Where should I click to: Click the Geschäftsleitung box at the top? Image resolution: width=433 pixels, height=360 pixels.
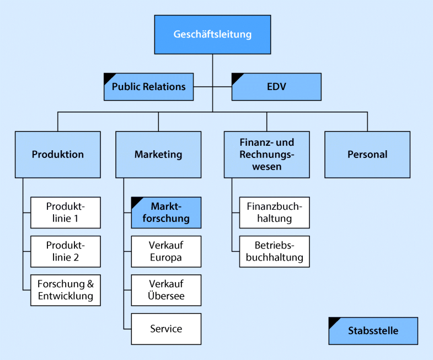pos(212,34)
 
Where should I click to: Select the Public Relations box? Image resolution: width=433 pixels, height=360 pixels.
pos(148,87)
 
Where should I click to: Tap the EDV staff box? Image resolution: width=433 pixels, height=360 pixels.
pos(276,87)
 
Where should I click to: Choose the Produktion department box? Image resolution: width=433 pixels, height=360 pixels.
pos(58,155)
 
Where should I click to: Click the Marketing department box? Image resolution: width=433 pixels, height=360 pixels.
pos(158,155)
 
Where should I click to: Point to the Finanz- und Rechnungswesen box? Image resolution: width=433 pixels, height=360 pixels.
pos(266,155)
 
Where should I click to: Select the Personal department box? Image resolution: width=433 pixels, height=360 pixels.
pos(367,155)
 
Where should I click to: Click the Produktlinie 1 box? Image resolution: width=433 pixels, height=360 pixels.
pos(66,213)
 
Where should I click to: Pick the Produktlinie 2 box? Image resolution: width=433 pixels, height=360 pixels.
pos(66,251)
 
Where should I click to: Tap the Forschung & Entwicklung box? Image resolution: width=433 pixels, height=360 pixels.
pos(66,290)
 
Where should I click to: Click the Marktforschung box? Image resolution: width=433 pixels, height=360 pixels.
pos(166,213)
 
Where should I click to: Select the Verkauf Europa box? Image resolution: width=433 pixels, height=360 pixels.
pos(166,251)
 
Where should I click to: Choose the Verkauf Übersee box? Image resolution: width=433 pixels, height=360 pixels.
pos(166,290)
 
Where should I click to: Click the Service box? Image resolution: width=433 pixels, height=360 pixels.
pos(166,329)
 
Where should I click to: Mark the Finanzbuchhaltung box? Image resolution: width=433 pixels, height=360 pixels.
pos(274,213)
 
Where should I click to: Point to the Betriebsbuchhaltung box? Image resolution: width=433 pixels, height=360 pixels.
pos(274,251)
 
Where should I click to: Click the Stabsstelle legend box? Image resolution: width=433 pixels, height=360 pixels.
pos(373,331)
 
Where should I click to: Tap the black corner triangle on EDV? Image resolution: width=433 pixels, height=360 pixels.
pos(236,77)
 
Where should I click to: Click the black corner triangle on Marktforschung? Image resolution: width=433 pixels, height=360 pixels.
pos(136,201)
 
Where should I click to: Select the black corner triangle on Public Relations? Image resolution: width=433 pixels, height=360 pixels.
pos(108,77)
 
